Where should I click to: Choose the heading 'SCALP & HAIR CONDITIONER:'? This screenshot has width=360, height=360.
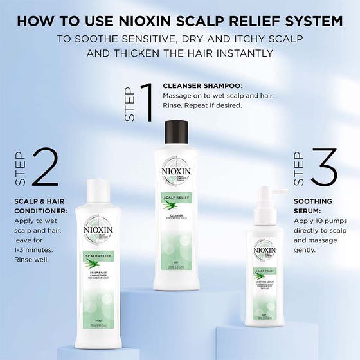[41, 205]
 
